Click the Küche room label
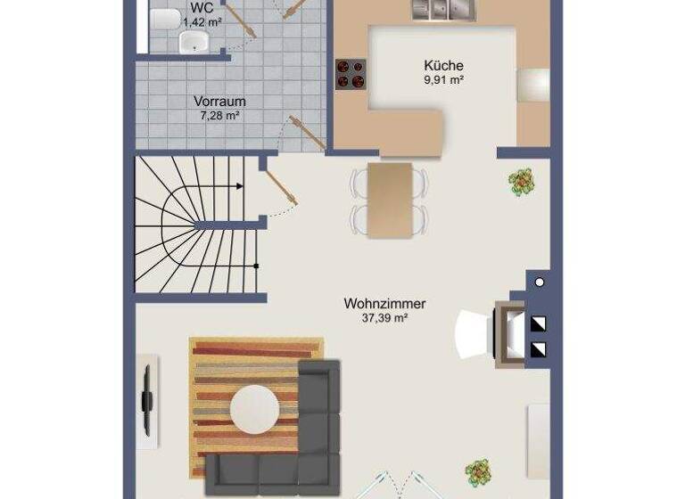click(443, 65)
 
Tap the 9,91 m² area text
click(443, 79)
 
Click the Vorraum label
click(219, 102)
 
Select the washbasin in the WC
click(194, 41)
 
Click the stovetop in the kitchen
click(351, 73)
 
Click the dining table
click(390, 201)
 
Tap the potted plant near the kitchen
click(520, 181)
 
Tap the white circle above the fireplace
click(538, 282)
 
